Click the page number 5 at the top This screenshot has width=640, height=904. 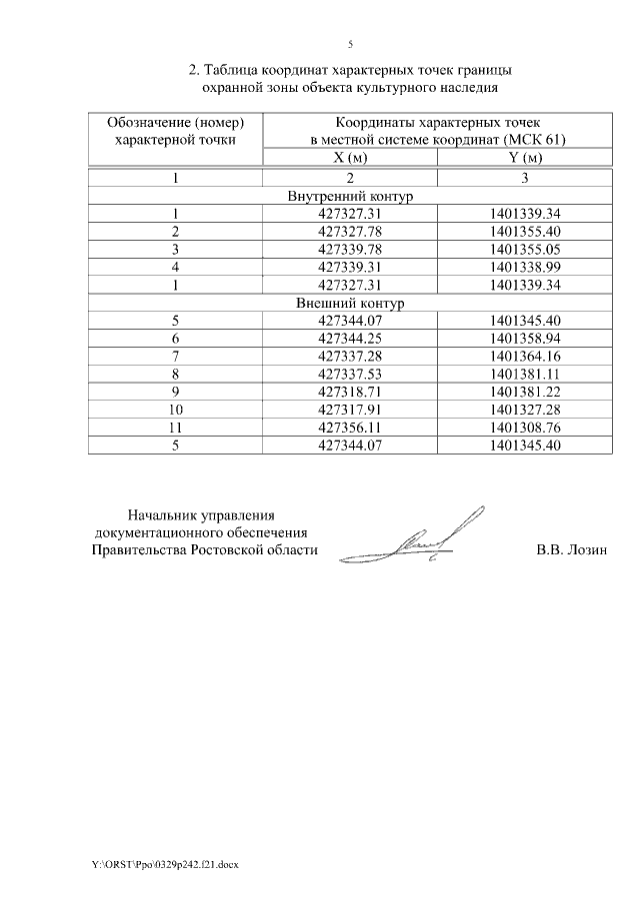(350, 44)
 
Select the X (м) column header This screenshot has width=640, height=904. (350, 158)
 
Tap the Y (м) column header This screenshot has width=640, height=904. (525, 158)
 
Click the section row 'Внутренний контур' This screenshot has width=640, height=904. (350, 196)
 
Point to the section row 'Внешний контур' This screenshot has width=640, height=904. (350, 303)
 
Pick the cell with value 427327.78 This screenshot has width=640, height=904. (350, 231)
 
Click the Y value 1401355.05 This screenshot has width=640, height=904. (525, 249)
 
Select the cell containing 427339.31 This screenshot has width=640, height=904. (350, 267)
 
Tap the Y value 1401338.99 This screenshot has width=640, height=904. (525, 267)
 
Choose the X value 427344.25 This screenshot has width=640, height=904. (350, 339)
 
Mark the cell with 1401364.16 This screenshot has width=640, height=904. (525, 357)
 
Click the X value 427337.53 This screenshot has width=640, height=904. (350, 374)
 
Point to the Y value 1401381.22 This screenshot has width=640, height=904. (525, 392)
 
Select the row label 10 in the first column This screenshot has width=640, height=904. (175, 410)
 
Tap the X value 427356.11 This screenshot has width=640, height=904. (350, 428)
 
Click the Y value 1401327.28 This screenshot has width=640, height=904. (525, 410)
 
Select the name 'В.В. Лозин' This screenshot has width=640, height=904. (571, 549)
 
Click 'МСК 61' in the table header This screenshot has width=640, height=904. (539, 140)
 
